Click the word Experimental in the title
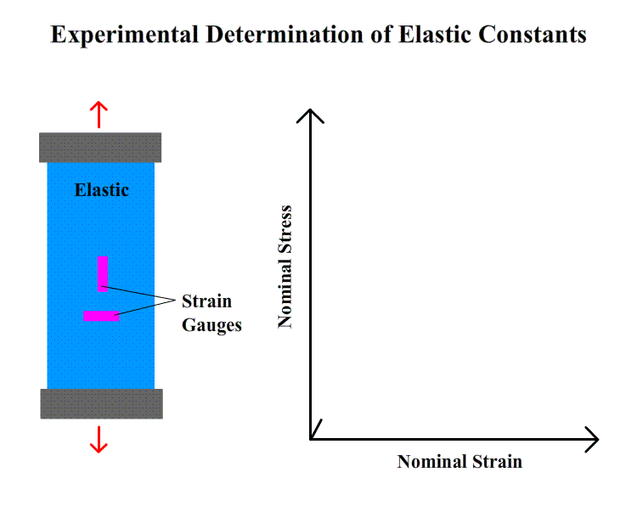pos(124,35)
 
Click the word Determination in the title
pos(285,34)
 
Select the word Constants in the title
pos(533,34)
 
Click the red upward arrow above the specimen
pos(99,115)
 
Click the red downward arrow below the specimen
pos(99,440)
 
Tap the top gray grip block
pos(100,148)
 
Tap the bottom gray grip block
pos(101,403)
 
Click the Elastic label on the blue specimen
pos(102,190)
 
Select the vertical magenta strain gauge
pos(103,273)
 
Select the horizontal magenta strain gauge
pos(101,316)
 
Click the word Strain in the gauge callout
pos(206,301)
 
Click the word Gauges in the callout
pos(211,326)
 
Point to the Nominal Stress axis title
pos(285,267)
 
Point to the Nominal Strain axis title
pos(459,462)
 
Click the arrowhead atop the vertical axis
pos(310,115)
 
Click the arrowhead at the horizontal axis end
pos(592,439)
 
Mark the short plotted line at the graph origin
pos(316,430)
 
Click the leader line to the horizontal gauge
pos(145,307)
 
